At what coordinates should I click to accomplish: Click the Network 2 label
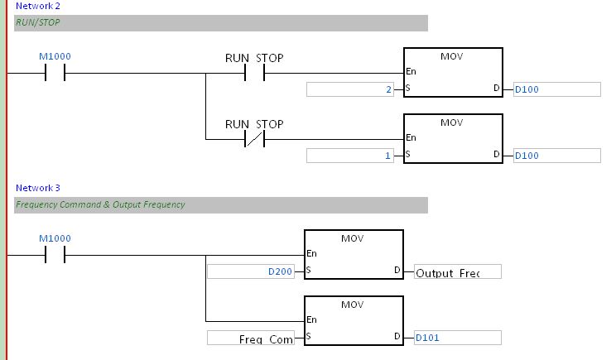[x=37, y=5]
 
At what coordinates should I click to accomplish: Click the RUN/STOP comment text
[x=37, y=23]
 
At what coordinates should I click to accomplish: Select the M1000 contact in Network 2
[x=55, y=73]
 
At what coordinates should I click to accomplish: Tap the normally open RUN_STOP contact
[x=254, y=73]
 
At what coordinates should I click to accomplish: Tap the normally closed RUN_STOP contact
[x=254, y=139]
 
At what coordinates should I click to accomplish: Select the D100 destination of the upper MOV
[x=556, y=89]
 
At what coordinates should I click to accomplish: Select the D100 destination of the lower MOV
[x=556, y=156]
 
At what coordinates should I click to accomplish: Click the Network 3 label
[x=37, y=188]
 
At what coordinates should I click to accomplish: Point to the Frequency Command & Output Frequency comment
[x=100, y=204]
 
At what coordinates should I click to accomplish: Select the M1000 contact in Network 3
[x=55, y=255]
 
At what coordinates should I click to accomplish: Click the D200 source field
[x=251, y=271]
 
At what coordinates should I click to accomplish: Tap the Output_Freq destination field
[x=458, y=272]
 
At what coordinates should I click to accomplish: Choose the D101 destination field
[x=458, y=338]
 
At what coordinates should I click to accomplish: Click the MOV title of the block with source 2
[x=452, y=56]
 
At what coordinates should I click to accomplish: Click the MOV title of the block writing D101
[x=353, y=305]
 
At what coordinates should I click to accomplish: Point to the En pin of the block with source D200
[x=311, y=254]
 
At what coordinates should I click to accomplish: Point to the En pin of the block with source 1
[x=411, y=138]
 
